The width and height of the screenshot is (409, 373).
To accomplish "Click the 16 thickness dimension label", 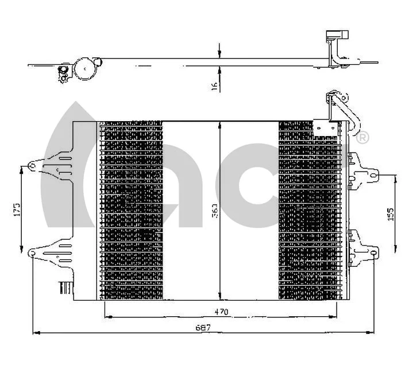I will [x=214, y=85].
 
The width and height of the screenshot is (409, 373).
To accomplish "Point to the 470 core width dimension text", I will [x=221, y=312].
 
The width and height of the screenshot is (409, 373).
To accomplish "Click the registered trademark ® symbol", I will [x=363, y=138].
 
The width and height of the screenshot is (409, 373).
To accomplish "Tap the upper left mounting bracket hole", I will [x=32, y=167].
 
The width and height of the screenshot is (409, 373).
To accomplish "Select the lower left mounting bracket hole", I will [x=32, y=251].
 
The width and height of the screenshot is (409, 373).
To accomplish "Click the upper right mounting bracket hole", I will [x=375, y=174].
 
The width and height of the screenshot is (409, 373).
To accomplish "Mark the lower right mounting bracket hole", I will [x=375, y=253].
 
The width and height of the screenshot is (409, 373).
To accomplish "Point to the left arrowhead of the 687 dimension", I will [x=36, y=332].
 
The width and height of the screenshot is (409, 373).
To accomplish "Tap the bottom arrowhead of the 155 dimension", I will [x=396, y=250].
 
